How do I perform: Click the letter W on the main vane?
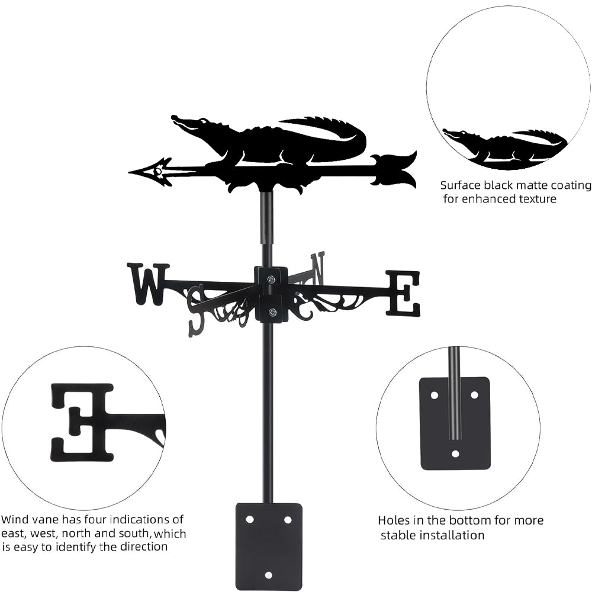tap(147, 284)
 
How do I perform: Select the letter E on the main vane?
tap(403, 293)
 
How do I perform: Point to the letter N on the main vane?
tap(318, 268)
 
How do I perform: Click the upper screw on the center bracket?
tap(271, 279)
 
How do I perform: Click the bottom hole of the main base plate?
tap(268, 574)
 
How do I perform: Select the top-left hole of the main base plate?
tap(250, 519)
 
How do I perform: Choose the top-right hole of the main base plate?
tap(288, 519)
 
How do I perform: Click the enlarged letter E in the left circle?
tap(82, 422)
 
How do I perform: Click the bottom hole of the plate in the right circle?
tap(455, 453)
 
